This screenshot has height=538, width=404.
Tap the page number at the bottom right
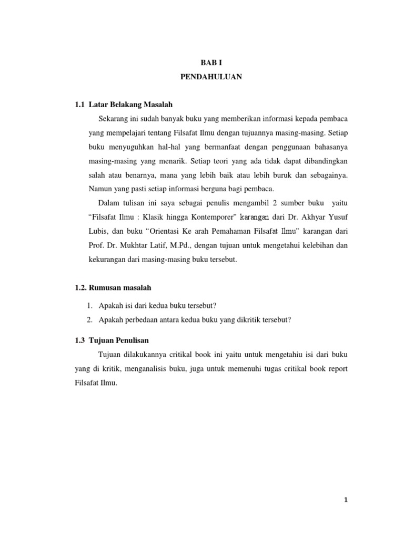[346, 500]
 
